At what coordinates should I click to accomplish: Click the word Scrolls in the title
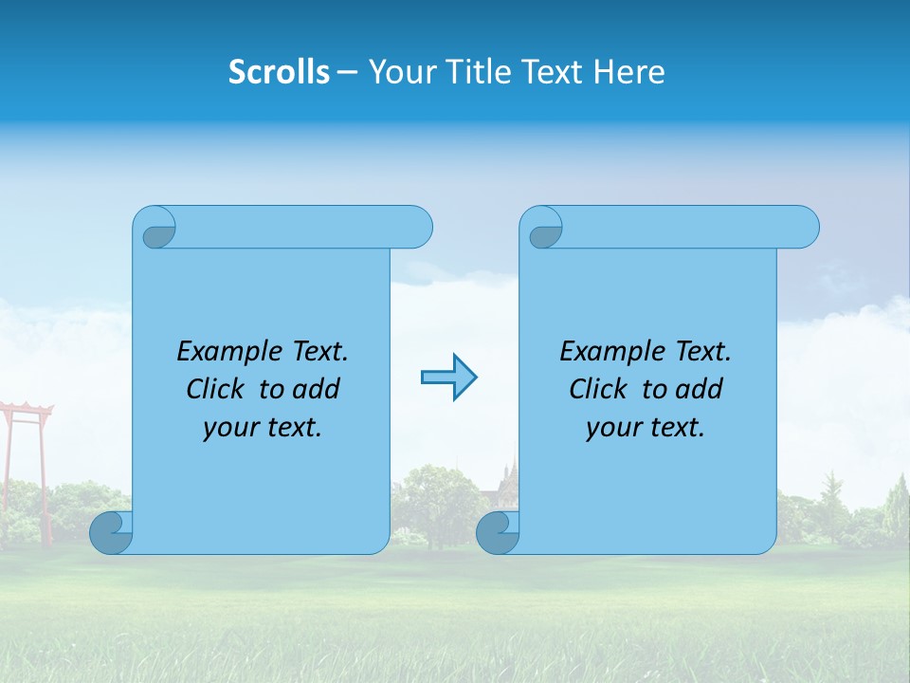pos(279,71)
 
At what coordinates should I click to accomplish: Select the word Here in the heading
pos(628,71)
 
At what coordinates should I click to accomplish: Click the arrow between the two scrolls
pos(448,378)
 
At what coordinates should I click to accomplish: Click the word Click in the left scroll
pos(217,389)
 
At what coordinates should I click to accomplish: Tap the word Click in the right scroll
pos(599,389)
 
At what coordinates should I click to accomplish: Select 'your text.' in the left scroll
pos(263,427)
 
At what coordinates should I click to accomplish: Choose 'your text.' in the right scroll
pos(646,427)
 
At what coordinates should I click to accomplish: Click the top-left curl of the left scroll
pos(156,231)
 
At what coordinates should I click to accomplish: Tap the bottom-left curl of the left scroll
pos(110,532)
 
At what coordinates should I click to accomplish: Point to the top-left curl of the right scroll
pos(544,231)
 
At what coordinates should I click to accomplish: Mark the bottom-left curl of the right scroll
pos(497,532)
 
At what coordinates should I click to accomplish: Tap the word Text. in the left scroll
pos(318,351)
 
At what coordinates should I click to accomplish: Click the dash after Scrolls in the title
pos(348,72)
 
